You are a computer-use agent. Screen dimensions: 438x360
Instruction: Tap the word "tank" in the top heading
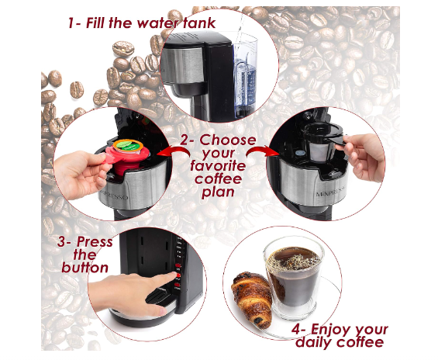[x=199, y=23]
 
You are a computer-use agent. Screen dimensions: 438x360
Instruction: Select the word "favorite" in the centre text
[x=218, y=166]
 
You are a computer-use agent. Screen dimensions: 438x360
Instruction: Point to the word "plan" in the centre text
[x=218, y=192]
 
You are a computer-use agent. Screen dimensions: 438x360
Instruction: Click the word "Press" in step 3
[x=95, y=242]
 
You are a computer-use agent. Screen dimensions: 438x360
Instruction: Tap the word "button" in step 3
[x=85, y=268]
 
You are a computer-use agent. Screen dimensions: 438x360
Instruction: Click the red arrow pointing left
[x=173, y=152]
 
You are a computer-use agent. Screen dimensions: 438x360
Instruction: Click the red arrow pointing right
[x=263, y=152]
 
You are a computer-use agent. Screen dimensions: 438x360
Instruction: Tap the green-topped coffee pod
[x=128, y=145]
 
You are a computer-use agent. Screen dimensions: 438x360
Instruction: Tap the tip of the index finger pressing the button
[x=174, y=275]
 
